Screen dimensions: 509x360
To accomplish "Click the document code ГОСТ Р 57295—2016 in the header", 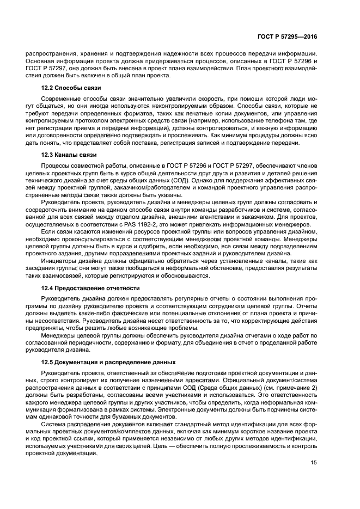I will tap(287, 36).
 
